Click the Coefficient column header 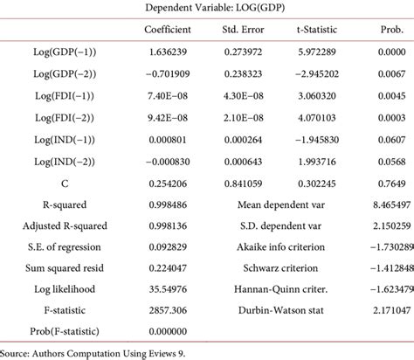(173, 31)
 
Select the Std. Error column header (249, 31)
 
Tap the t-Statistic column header (317, 31)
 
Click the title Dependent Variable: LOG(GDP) (207, 10)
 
